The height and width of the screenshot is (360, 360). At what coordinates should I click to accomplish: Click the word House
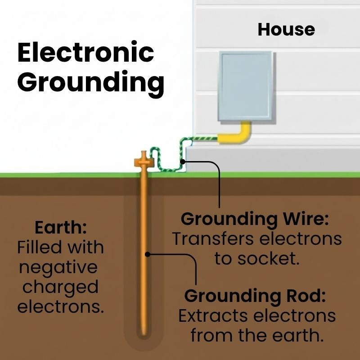coord(286,30)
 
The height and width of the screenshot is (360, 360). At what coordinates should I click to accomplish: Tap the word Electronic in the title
coord(85,53)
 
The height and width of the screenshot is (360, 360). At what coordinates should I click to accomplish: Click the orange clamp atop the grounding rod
coord(144,160)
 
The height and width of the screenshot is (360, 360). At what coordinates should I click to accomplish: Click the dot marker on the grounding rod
coord(147,254)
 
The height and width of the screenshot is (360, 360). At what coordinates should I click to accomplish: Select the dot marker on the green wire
coord(182,161)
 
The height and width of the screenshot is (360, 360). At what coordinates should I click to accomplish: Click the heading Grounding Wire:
coord(255,219)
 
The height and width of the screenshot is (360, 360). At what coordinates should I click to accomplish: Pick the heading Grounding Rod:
coord(255,296)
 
